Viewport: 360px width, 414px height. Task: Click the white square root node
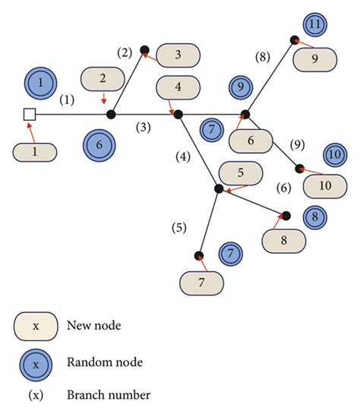30,115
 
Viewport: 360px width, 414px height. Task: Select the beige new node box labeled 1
35,151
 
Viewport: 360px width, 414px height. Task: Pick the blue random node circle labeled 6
99,142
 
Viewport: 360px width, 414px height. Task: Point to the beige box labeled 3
177,55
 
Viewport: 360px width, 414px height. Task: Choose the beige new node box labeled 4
177,87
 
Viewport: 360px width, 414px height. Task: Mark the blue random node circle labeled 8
313,216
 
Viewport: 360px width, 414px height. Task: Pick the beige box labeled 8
285,240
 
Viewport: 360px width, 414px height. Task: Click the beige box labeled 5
241,172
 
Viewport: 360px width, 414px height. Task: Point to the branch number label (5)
178,226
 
